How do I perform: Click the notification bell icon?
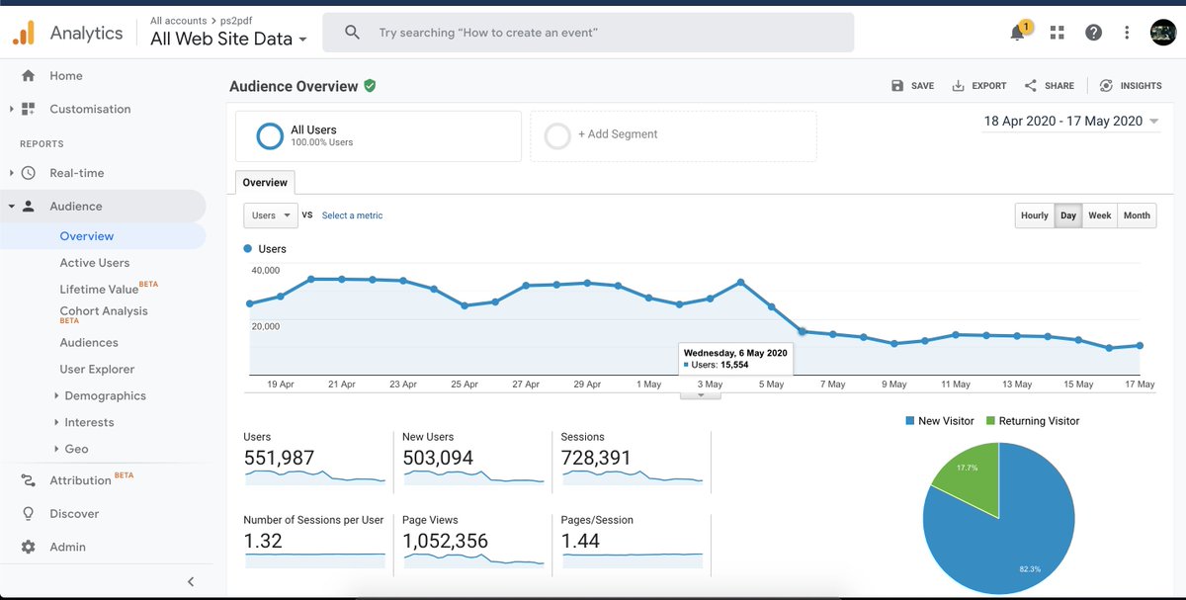click(x=1017, y=33)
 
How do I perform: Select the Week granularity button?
click(x=1099, y=215)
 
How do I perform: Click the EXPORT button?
click(x=978, y=86)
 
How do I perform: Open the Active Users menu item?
click(x=94, y=263)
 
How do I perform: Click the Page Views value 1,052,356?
click(x=445, y=541)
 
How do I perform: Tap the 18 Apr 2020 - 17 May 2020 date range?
click(x=1062, y=121)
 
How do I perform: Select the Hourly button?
click(x=1034, y=215)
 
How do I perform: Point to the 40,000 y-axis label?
click(x=266, y=270)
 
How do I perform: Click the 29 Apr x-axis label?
click(x=587, y=385)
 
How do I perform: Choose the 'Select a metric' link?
click(x=352, y=215)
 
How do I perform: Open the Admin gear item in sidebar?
click(x=67, y=547)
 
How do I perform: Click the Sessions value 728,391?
click(x=596, y=458)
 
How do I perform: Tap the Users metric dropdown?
click(x=270, y=215)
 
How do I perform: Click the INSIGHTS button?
click(x=1131, y=86)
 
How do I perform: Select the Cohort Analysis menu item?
click(x=103, y=311)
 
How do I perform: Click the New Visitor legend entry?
click(x=939, y=421)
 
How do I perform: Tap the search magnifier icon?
click(x=352, y=33)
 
